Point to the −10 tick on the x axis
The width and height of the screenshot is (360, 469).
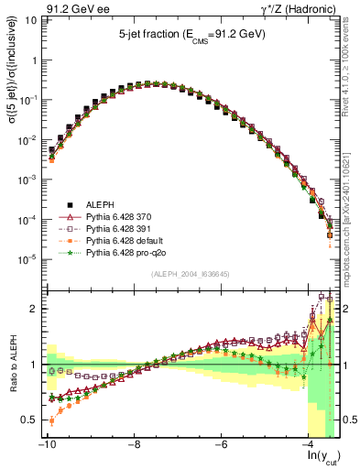click(47, 444)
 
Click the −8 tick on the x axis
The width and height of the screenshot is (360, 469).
click(135, 444)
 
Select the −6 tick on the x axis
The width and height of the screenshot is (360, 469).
click(222, 444)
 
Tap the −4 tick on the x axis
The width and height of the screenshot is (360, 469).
click(309, 444)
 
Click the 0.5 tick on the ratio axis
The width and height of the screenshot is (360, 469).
click(30, 420)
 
